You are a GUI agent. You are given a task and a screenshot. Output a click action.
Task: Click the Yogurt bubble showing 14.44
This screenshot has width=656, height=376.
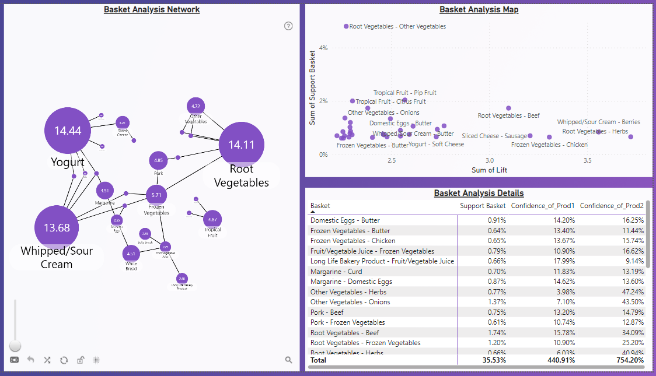[x=68, y=131]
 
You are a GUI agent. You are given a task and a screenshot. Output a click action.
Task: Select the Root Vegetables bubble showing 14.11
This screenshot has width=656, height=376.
[x=241, y=145]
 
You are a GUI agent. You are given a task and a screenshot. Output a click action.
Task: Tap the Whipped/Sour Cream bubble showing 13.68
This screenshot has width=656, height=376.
[x=57, y=227]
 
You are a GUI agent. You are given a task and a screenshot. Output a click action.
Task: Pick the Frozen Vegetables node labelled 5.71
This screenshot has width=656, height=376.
[x=156, y=195]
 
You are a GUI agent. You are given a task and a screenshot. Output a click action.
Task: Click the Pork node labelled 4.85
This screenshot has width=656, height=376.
[x=158, y=160]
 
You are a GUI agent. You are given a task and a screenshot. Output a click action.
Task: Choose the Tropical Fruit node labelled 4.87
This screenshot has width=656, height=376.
[x=212, y=219]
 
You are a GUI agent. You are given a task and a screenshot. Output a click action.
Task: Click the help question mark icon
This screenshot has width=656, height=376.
[x=288, y=26]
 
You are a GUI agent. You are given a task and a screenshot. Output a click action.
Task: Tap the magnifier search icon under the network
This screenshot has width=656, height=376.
[x=288, y=360]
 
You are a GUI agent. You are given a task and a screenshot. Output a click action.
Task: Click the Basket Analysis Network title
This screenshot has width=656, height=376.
[x=152, y=9]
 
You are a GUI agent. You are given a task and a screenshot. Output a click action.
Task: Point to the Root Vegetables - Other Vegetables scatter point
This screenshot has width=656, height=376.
[x=346, y=26]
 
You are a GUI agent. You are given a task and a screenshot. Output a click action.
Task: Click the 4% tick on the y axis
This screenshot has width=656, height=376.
[x=323, y=48]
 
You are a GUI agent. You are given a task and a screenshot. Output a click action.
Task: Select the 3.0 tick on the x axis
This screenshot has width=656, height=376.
[x=490, y=160]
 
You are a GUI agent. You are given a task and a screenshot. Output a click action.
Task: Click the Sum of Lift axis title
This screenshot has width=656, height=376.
[x=489, y=170]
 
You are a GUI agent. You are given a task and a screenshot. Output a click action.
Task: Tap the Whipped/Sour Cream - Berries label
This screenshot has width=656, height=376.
[x=598, y=122]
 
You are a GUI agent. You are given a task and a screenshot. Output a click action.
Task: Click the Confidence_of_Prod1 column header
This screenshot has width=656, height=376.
[x=543, y=206]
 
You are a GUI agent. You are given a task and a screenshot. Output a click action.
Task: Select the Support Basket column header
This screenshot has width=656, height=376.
[x=483, y=206]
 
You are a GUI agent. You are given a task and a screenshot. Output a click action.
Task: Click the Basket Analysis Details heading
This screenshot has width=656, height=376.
[x=479, y=193]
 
